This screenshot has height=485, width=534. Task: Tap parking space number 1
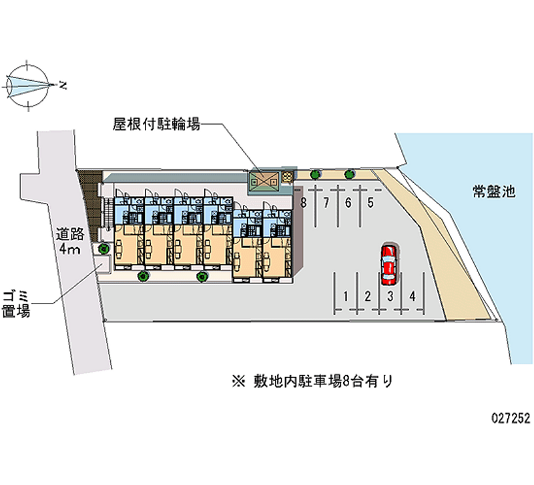345,296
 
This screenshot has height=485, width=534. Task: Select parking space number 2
368,296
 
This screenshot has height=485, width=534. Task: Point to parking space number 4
413,296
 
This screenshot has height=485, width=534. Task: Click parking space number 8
304,203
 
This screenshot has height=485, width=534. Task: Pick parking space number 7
326,203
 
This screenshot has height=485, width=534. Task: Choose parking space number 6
348,203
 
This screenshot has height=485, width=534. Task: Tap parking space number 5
370,203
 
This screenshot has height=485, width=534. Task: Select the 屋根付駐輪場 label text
157,123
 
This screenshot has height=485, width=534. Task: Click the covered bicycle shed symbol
265,179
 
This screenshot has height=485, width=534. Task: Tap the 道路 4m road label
68,241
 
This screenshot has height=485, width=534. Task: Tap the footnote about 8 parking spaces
312,382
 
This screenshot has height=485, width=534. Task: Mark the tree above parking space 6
348,175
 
